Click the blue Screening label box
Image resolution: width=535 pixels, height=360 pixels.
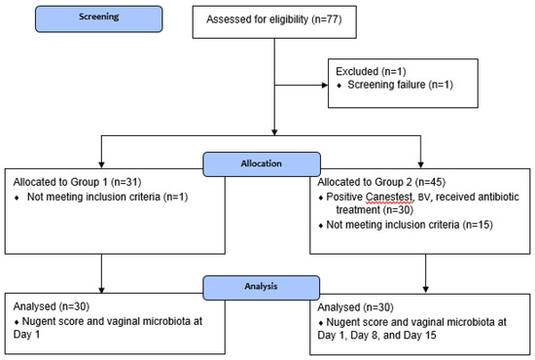pyautogui.click(x=99, y=19)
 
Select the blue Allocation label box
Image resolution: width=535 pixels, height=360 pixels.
pyautogui.click(x=262, y=164)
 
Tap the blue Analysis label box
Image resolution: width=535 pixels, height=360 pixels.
pyautogui.click(x=262, y=288)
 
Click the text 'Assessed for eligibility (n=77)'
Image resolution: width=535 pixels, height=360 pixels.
pyautogui.click(x=274, y=19)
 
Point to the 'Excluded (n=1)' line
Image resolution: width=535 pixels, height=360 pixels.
pyautogui.click(x=371, y=71)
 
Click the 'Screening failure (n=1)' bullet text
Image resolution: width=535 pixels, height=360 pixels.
pyautogui.click(x=400, y=85)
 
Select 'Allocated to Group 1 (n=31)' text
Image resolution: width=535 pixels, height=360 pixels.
pyautogui.click(x=77, y=182)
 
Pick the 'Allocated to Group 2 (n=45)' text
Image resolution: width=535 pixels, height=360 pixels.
pyautogui.click(x=381, y=182)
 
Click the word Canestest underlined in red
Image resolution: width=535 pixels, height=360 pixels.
pyautogui.click(x=389, y=198)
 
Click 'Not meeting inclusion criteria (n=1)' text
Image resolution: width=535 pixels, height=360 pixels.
pyautogui.click(x=107, y=198)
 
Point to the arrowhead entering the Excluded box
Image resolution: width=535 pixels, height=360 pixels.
pyautogui.click(x=325, y=85)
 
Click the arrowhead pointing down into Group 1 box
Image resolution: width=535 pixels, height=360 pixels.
pyautogui.click(x=101, y=164)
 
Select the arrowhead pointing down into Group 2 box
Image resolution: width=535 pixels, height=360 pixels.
pyautogui.click(x=420, y=164)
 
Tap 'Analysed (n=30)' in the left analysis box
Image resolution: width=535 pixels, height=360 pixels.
pyautogui.click(x=52, y=306)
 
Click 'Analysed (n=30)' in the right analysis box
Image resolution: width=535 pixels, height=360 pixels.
pyautogui.click(x=355, y=307)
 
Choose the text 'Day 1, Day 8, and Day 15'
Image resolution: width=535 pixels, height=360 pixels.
pyautogui.click(x=376, y=335)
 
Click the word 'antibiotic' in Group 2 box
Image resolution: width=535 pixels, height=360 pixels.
pyautogui.click(x=496, y=197)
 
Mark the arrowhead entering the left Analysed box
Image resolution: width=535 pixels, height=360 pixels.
pyautogui.click(x=101, y=290)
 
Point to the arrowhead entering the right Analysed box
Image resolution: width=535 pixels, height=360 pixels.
pyautogui.click(x=425, y=289)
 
